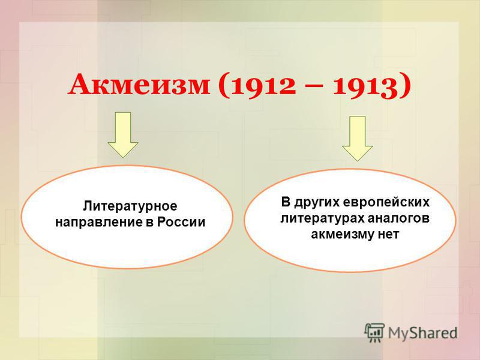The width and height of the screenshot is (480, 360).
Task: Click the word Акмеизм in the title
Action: click(139, 85)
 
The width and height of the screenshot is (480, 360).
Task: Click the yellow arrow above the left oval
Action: click(123, 134)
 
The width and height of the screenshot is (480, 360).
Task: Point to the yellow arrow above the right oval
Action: click(357, 139)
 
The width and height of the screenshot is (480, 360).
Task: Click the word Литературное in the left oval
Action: click(130, 206)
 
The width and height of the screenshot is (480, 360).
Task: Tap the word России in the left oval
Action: click(181, 222)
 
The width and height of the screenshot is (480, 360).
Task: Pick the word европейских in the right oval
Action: click(386, 203)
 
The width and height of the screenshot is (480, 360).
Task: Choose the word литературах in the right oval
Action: click(322, 218)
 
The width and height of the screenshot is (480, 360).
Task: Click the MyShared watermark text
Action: click(423, 333)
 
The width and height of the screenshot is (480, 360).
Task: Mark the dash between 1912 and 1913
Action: click(314, 87)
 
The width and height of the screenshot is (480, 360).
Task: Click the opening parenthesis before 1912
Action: click(224, 86)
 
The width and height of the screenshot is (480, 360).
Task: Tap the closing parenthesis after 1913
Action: click(404, 86)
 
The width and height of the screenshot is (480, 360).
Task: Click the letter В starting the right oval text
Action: click(286, 202)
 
